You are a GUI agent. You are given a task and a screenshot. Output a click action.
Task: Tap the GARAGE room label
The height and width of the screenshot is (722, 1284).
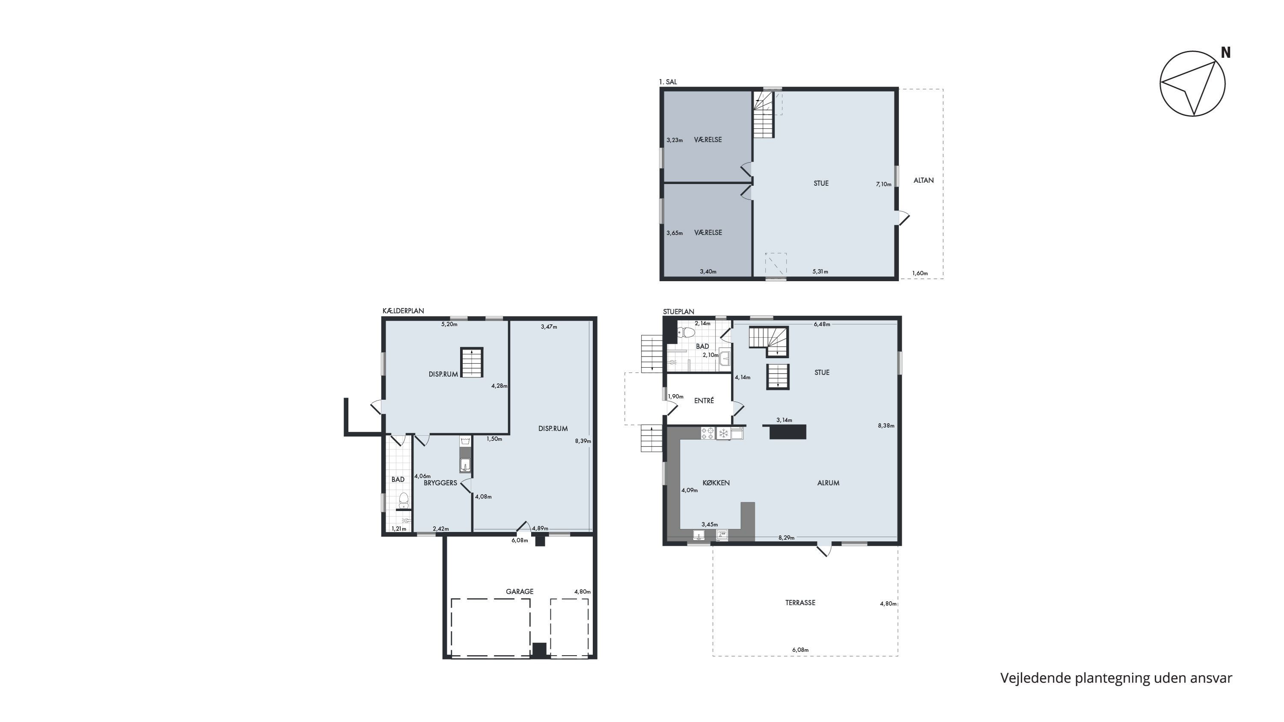tap(520, 591)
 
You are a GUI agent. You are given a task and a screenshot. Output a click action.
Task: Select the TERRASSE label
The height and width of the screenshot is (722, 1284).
tap(800, 603)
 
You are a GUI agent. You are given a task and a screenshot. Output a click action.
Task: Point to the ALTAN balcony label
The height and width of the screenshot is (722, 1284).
tap(923, 180)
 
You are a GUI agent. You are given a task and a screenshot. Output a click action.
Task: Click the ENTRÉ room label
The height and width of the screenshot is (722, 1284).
tap(704, 400)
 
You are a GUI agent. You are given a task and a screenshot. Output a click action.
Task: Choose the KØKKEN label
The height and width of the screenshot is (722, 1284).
tap(716, 483)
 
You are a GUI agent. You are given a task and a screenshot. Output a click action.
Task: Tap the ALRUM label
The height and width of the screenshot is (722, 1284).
tap(828, 483)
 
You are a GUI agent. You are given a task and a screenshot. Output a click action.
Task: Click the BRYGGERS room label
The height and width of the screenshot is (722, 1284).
tap(440, 483)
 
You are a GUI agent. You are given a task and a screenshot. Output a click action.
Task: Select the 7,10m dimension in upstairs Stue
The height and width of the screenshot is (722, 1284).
tap(883, 184)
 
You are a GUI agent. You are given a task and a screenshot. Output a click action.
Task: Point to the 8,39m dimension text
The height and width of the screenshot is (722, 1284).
tap(583, 441)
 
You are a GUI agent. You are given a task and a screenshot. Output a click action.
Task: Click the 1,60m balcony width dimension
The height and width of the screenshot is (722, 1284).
tap(920, 273)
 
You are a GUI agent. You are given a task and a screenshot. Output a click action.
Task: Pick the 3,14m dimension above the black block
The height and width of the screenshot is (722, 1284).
tap(784, 420)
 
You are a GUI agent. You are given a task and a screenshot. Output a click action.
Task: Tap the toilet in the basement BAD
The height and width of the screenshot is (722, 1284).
tap(404, 498)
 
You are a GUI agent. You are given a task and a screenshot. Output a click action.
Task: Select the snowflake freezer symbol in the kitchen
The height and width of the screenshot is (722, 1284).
tap(723, 434)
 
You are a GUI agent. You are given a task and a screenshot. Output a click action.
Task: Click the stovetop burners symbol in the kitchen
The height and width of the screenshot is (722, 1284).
tap(707, 433)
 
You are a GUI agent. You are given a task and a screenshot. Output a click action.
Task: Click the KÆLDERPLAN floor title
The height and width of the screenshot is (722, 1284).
tap(403, 311)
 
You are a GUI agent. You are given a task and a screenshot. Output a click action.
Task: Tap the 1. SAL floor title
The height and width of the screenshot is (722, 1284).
tap(668, 82)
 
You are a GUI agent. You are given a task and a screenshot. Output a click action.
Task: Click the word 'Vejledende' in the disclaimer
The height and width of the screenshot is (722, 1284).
tap(1036, 678)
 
